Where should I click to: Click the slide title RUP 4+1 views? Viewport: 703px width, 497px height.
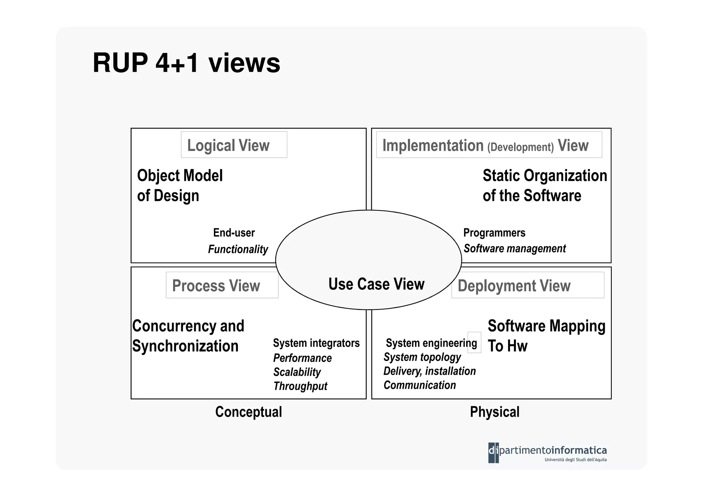[186, 63]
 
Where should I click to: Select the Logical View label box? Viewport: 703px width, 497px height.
[234, 145]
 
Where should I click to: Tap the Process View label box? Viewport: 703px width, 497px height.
[222, 285]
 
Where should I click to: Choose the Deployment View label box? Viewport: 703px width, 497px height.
[527, 285]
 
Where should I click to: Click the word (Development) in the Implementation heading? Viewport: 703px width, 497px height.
[520, 147]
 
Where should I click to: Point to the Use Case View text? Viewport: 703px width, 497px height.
[376, 284]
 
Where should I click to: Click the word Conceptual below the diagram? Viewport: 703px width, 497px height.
[249, 412]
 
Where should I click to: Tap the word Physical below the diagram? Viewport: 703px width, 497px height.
[494, 412]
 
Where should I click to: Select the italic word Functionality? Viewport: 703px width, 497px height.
[238, 249]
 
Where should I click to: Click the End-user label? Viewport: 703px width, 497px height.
[234, 233]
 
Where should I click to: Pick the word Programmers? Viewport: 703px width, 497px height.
[494, 233]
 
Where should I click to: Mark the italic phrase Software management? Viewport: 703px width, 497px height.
[514, 248]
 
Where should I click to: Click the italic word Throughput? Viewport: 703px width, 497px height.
[300, 386]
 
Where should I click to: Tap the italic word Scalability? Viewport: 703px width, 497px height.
[297, 372]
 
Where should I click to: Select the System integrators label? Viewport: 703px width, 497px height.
[316, 343]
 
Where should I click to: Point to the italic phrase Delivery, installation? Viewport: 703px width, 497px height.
[429, 371]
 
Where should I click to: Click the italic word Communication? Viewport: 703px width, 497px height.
[419, 385]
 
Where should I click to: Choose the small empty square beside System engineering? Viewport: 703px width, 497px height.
[474, 342]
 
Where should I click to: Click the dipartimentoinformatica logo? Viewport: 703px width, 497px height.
[547, 452]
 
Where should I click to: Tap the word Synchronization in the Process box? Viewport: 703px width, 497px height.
[185, 346]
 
